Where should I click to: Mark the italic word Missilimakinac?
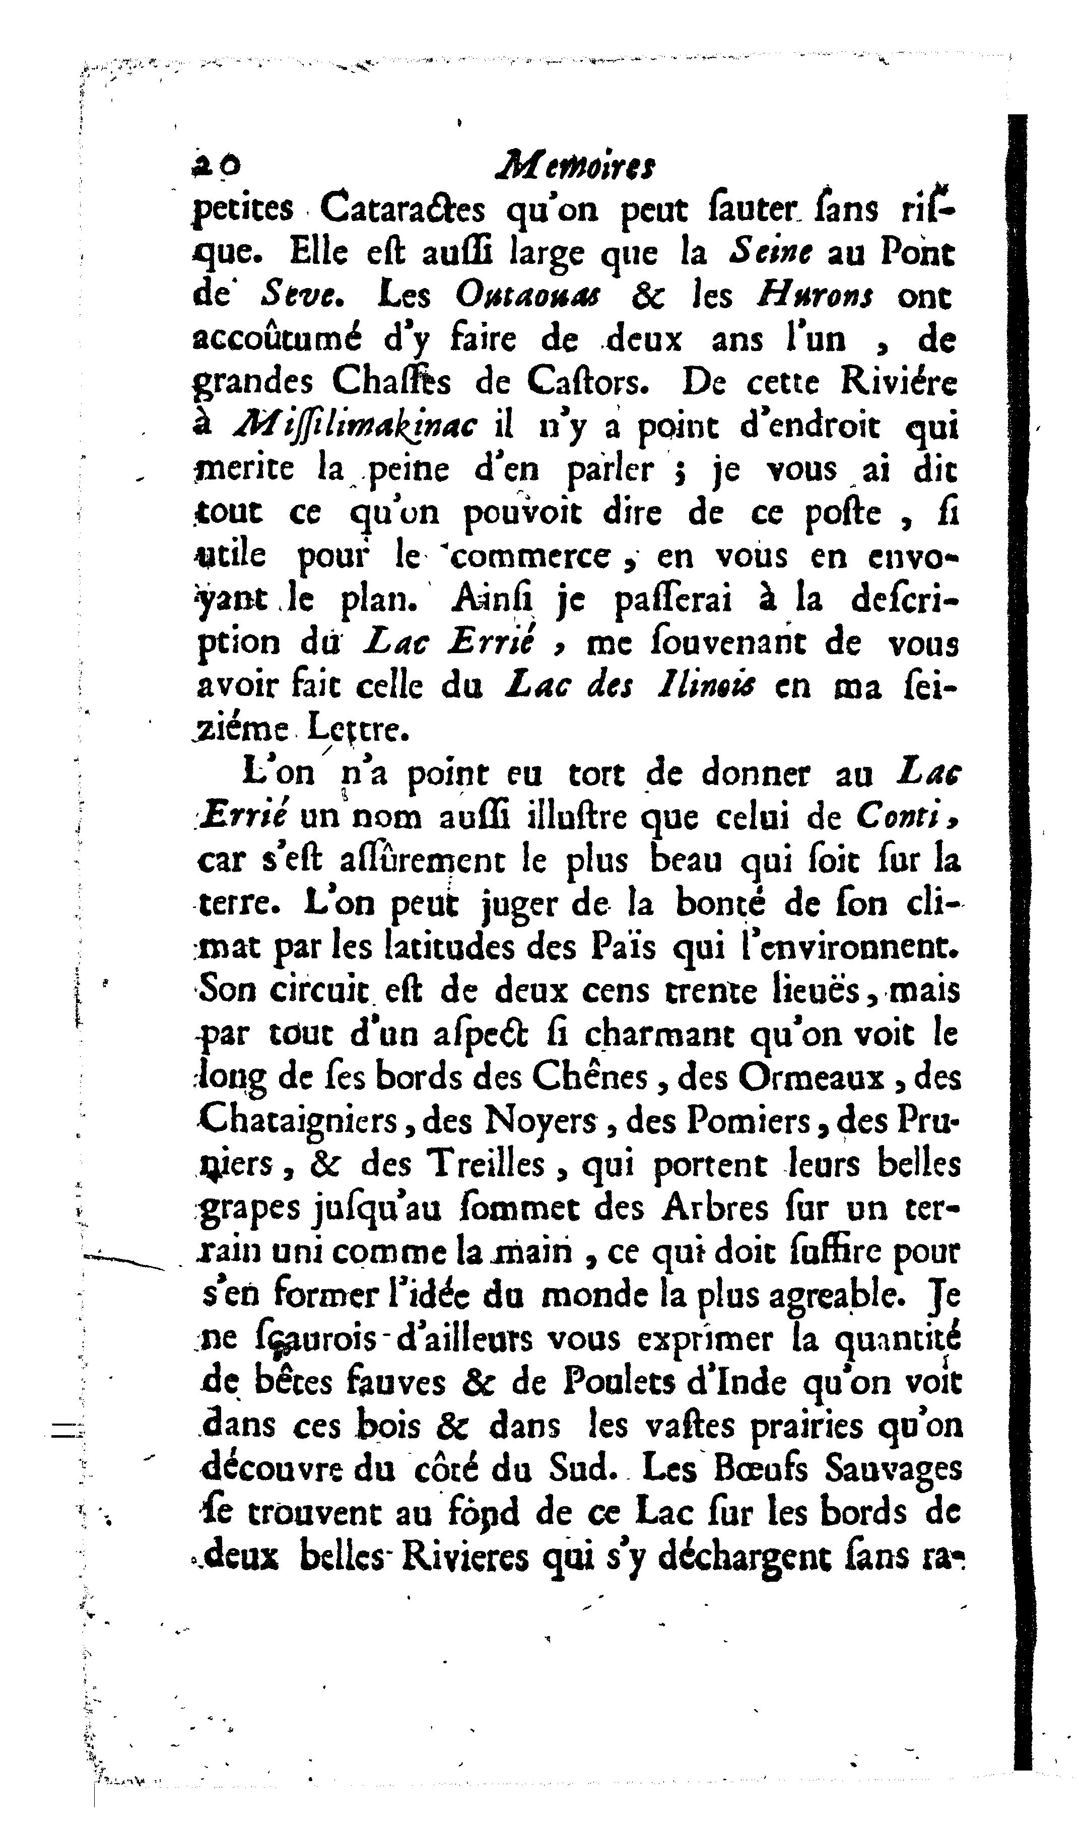click(356, 426)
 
